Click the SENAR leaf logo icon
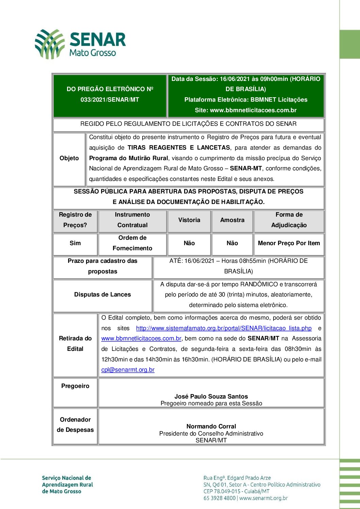point(50,44)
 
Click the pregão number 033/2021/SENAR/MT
point(110,100)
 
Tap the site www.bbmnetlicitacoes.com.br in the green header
point(246,110)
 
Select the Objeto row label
point(69,158)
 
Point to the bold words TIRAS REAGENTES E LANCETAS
point(179,148)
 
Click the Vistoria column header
point(189,220)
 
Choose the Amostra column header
point(232,220)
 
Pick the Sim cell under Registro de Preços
point(75,243)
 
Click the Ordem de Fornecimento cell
point(132,243)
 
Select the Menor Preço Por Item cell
point(289,243)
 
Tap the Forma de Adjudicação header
point(289,220)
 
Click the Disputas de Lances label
point(102,294)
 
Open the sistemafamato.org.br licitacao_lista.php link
point(224,328)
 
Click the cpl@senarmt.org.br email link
point(128,370)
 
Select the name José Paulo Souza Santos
point(211,396)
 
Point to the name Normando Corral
point(211,426)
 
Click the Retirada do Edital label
point(75,343)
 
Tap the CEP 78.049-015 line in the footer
point(236,491)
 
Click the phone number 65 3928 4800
point(219,498)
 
